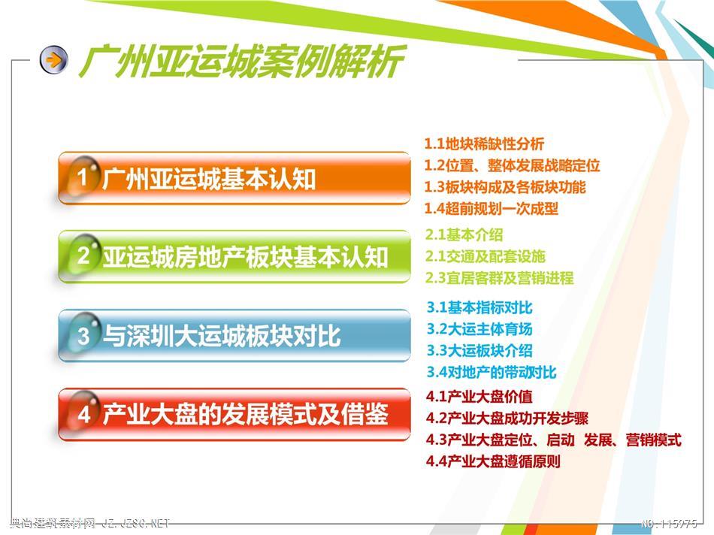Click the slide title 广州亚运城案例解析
click(x=242, y=61)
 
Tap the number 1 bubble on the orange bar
click(x=83, y=177)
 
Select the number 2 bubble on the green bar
click(x=83, y=255)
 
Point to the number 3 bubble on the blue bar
click(x=83, y=334)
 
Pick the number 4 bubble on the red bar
click(x=83, y=413)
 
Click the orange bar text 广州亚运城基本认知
click(x=209, y=179)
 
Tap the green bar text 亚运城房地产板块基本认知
click(x=245, y=257)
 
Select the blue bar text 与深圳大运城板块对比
click(x=221, y=336)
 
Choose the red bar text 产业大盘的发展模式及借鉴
click(x=245, y=414)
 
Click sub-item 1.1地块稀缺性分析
click(x=484, y=144)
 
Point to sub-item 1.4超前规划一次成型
click(x=491, y=209)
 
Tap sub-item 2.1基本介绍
click(x=464, y=235)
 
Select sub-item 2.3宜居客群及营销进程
click(x=500, y=278)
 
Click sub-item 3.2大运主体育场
click(x=480, y=329)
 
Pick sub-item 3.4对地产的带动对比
click(x=492, y=372)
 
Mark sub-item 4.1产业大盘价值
click(x=479, y=397)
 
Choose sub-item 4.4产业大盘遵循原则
click(x=493, y=461)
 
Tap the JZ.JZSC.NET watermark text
click(x=135, y=524)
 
